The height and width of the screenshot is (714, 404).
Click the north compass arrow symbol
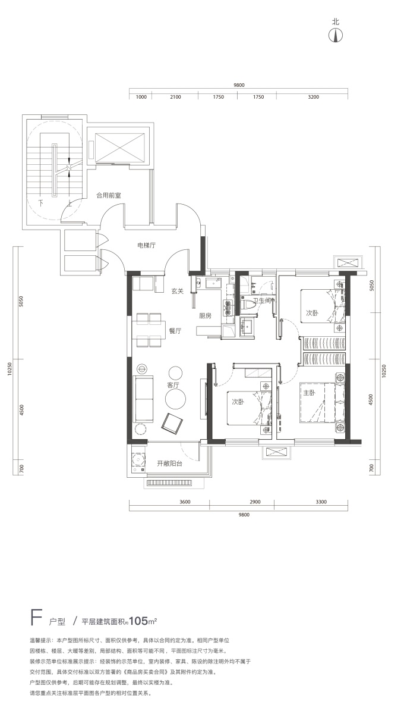(336, 35)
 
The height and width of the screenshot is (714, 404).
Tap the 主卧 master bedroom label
(309, 393)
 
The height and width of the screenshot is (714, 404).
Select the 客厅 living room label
(173, 385)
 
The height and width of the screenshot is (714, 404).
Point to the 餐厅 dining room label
(175, 331)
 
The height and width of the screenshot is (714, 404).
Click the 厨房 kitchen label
(205, 316)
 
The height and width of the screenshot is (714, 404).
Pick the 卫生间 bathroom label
(263, 300)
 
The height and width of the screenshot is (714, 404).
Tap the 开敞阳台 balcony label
(169, 464)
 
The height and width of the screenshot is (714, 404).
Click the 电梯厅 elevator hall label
(146, 245)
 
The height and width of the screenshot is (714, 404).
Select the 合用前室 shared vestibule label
(109, 195)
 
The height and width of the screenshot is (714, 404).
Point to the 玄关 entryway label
(177, 291)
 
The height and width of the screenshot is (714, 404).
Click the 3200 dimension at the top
(313, 97)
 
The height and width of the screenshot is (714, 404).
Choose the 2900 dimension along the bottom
(255, 502)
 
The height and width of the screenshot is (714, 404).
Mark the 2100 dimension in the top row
(175, 97)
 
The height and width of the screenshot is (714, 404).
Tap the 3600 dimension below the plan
(185, 502)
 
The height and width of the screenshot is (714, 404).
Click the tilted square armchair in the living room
(172, 422)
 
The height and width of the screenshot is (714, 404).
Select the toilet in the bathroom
(247, 305)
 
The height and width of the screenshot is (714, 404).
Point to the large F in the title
(36, 617)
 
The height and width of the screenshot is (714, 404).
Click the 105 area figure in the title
(139, 621)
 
